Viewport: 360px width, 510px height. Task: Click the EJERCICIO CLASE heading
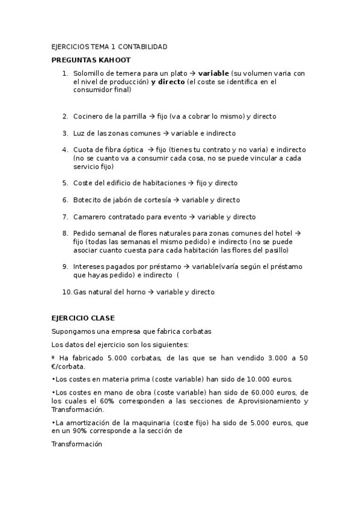click(x=82, y=318)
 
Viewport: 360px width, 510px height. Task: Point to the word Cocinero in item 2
click(x=88, y=116)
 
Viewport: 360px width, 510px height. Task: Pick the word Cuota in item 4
click(x=83, y=150)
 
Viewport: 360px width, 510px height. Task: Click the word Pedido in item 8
click(x=84, y=233)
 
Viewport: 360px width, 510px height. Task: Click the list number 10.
click(x=66, y=292)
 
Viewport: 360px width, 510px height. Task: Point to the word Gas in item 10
click(x=79, y=292)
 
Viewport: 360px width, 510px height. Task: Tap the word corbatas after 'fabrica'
click(x=196, y=331)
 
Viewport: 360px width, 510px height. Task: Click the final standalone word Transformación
click(x=77, y=444)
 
